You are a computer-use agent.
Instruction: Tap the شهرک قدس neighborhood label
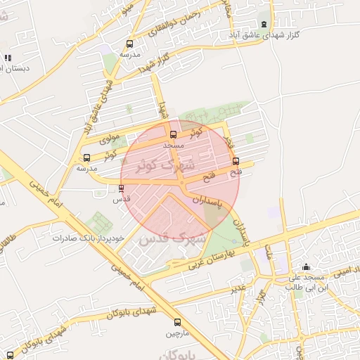coord(172,238)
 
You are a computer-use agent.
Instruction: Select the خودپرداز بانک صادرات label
coord(88,238)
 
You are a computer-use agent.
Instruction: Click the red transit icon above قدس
coord(121,188)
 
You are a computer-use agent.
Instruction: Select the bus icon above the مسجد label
coord(173,134)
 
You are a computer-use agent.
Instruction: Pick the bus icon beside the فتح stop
coord(235,160)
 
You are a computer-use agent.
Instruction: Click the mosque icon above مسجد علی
coord(306,267)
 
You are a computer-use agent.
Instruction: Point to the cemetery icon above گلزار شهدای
coord(264,23)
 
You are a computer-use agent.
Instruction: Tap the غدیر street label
coord(240,288)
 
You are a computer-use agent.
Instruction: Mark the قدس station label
coord(122,199)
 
